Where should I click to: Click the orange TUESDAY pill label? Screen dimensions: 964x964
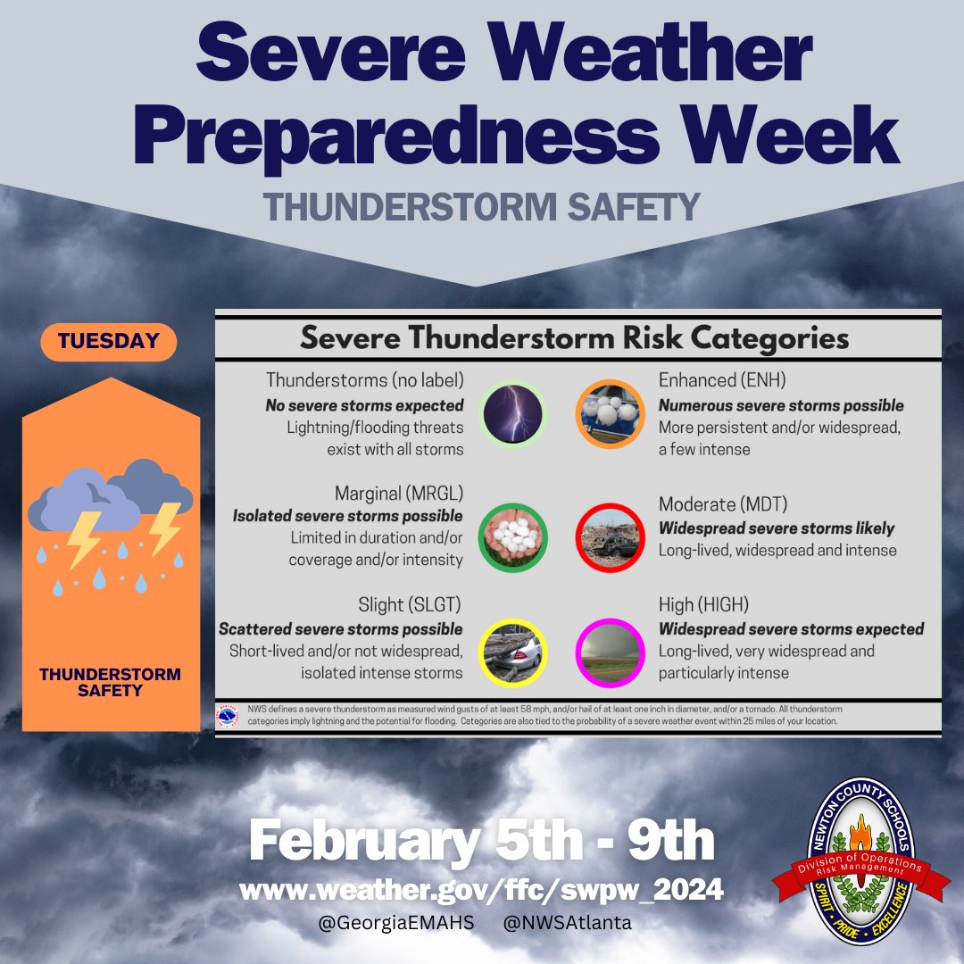click(x=108, y=341)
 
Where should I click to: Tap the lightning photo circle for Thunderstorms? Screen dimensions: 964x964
click(x=511, y=414)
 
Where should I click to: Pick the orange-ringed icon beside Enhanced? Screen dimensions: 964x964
click(x=610, y=414)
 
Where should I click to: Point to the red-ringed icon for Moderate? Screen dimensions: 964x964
click(x=610, y=537)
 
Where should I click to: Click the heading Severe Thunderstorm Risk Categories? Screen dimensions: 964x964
click(x=574, y=338)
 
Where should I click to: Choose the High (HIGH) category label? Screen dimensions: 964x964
click(x=703, y=605)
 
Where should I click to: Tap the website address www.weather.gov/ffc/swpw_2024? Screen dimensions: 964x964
click(x=481, y=890)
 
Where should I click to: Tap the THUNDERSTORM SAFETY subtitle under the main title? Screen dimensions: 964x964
click(x=481, y=207)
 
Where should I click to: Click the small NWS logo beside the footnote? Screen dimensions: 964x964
click(x=229, y=716)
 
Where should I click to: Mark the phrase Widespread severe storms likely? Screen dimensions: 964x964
click(x=776, y=528)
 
